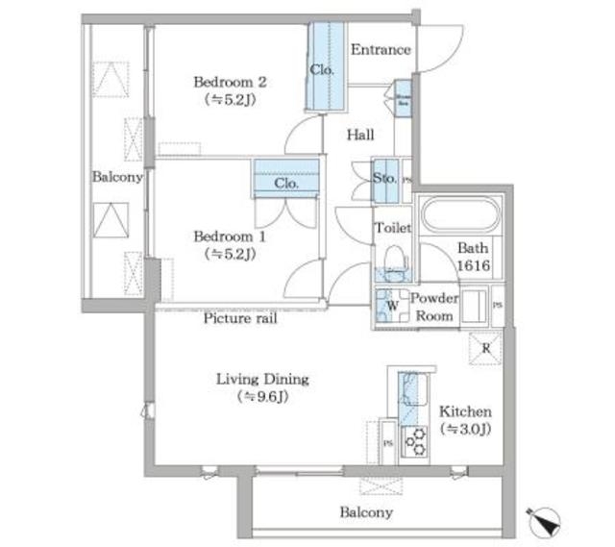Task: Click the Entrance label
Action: click(x=381, y=50)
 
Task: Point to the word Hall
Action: click(x=360, y=136)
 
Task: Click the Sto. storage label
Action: click(x=384, y=177)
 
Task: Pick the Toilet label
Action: click(x=392, y=229)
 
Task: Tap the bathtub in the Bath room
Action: click(x=458, y=215)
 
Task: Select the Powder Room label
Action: click(x=434, y=306)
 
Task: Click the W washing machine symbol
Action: click(x=391, y=308)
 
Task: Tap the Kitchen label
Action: click(x=465, y=411)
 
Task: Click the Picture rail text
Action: click(x=240, y=318)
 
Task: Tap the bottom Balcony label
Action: click(x=365, y=512)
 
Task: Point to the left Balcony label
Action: click(x=117, y=177)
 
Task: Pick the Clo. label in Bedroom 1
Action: click(x=285, y=183)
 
